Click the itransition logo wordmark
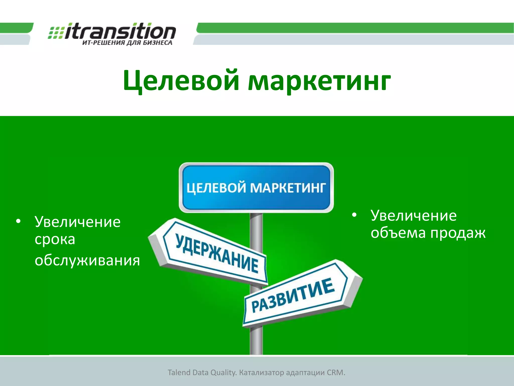click(120, 32)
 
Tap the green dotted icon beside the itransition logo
click(56, 33)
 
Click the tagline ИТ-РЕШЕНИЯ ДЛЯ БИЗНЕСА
click(127, 43)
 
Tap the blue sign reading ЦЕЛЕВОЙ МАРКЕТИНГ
click(256, 187)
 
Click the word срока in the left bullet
click(55, 239)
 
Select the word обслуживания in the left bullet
click(87, 260)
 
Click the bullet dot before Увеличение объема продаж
click(354, 215)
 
